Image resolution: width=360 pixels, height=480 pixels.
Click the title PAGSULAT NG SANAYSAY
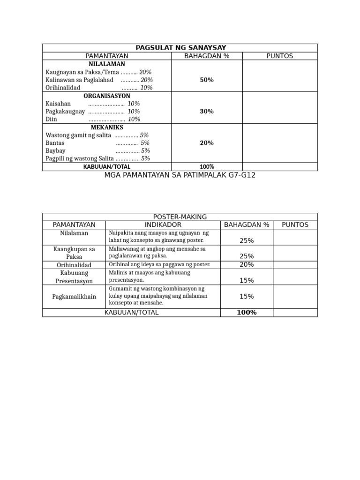click(x=180, y=48)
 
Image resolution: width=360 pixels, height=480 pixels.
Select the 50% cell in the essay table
click(x=207, y=80)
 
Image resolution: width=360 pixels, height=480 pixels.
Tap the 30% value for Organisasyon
click(x=207, y=112)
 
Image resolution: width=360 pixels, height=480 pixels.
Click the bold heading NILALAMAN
click(x=107, y=64)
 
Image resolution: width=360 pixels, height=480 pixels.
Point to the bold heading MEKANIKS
click(x=107, y=127)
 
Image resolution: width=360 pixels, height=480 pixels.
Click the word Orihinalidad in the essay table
click(x=63, y=88)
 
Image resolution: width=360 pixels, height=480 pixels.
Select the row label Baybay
click(x=55, y=151)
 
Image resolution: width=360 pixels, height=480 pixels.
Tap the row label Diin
click(x=51, y=120)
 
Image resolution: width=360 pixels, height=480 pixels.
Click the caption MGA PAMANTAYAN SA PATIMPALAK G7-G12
click(x=180, y=175)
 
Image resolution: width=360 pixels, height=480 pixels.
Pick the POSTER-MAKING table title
click(x=180, y=217)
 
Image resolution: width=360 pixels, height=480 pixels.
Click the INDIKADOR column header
click(x=163, y=225)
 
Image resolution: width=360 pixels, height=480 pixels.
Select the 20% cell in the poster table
click(x=247, y=265)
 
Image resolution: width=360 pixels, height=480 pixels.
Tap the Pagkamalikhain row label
click(x=74, y=297)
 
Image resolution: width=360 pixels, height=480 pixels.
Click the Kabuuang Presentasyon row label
click(x=74, y=277)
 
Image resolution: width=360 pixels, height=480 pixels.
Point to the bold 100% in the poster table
click(x=247, y=313)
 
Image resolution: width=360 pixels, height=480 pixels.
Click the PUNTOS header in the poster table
click(x=295, y=225)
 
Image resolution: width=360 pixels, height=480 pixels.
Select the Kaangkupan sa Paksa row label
click(x=74, y=253)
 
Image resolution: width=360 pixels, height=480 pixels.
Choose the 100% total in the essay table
click(x=207, y=167)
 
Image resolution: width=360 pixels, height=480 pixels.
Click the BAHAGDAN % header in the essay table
click(x=207, y=56)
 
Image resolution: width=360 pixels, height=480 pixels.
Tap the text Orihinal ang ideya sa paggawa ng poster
click(x=159, y=265)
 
